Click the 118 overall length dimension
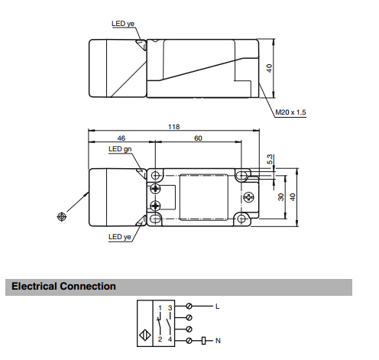(174, 127)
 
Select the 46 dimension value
(121, 138)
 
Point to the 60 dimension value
(198, 138)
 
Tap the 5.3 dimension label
(270, 159)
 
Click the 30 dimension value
(280, 197)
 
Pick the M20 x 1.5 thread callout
(290, 112)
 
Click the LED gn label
(120, 149)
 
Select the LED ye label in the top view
(123, 24)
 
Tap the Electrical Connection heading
(63, 286)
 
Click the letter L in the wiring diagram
(217, 306)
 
